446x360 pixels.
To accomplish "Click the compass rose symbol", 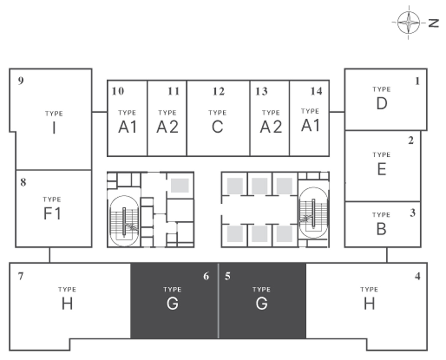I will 409,22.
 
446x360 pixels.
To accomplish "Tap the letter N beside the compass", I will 434,23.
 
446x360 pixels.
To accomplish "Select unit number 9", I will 21,81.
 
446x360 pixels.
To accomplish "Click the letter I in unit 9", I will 54,128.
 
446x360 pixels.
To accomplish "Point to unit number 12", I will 219,91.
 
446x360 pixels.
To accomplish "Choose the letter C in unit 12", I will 217,127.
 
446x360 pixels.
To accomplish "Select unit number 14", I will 316,91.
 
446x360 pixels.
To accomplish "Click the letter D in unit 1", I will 382,103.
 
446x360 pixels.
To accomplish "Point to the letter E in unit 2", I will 382,169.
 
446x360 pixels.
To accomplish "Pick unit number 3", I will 413,213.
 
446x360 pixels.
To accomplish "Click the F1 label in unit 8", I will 52,213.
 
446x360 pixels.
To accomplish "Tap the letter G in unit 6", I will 172,304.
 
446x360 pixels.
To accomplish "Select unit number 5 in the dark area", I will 228,276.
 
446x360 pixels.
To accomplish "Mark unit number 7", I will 21,276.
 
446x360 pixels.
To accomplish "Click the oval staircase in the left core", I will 124,221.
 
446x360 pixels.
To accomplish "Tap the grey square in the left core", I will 180,185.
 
